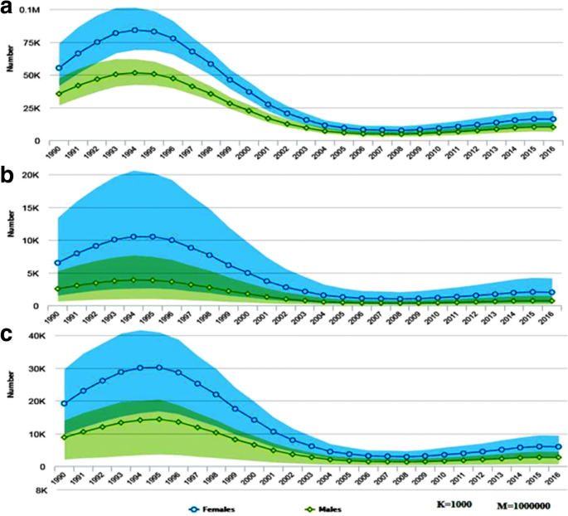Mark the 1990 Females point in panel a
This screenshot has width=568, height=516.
coord(59,67)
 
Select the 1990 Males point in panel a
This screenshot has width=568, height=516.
coord(59,94)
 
